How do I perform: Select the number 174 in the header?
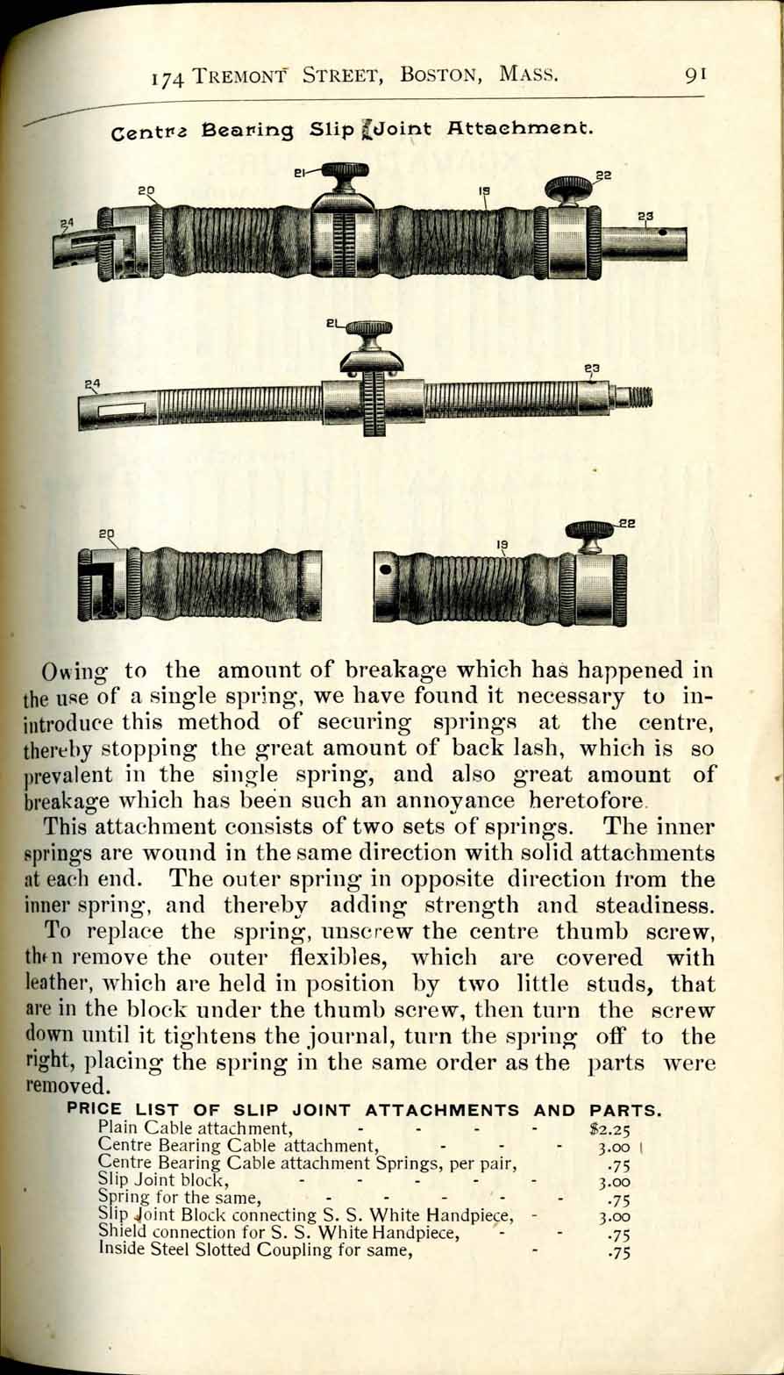[x=167, y=78]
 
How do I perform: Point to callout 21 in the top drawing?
[x=298, y=174]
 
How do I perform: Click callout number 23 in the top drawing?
[x=646, y=216]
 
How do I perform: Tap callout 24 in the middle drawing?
[x=91, y=383]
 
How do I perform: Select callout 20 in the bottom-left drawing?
[x=106, y=534]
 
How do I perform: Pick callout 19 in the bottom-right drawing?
[x=502, y=545]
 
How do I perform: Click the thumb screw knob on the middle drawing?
[x=369, y=329]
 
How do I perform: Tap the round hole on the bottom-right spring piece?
[x=384, y=569]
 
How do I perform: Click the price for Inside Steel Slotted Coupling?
[x=619, y=1253]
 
